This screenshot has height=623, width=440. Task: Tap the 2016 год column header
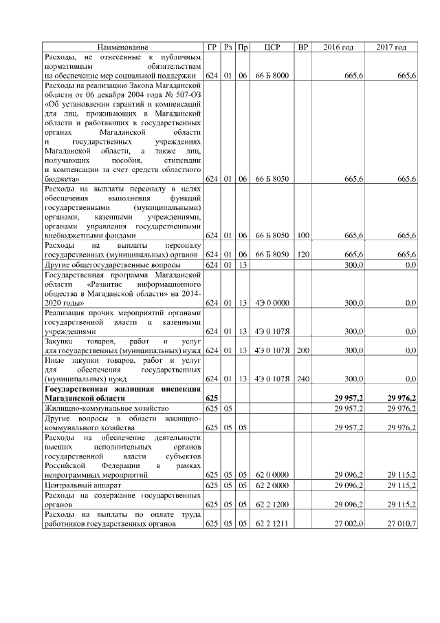[x=338, y=47]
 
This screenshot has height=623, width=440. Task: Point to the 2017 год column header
[x=391, y=47]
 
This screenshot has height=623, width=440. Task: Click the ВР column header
[x=303, y=47]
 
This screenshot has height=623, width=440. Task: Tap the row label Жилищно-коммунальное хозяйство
[x=106, y=408]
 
